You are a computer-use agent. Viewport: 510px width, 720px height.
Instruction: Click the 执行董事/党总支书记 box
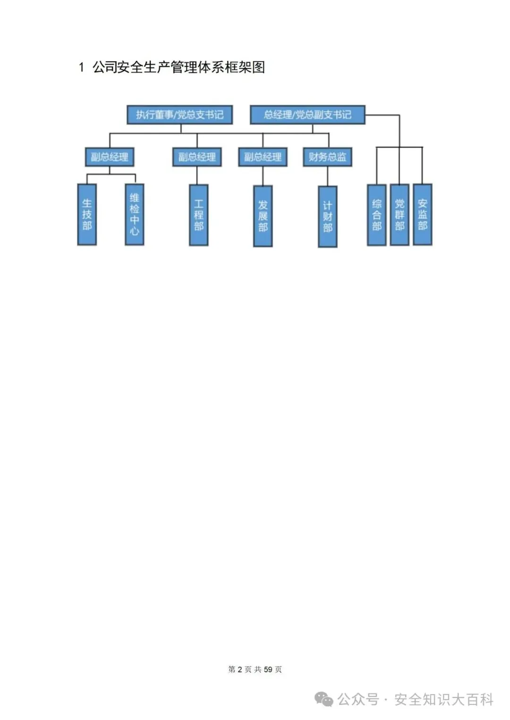tap(179, 115)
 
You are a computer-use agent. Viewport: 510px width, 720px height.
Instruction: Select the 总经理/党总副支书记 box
tap(307, 115)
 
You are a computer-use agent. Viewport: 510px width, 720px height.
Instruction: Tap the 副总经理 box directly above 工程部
tap(197, 157)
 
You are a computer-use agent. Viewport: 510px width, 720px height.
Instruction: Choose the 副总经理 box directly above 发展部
tap(263, 157)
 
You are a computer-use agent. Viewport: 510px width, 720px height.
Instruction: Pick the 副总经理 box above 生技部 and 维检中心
tap(110, 157)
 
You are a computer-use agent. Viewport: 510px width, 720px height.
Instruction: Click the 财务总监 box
tap(327, 157)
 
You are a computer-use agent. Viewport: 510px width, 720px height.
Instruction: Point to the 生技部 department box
tap(87, 215)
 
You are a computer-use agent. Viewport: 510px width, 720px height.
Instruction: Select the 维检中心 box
tap(135, 215)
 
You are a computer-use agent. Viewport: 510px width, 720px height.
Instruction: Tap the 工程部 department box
tap(199, 215)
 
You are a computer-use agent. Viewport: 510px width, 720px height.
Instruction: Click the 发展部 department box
tap(263, 216)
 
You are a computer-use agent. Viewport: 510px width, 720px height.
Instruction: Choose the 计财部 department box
tap(328, 216)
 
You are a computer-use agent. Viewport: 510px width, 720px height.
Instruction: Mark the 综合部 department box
tap(377, 215)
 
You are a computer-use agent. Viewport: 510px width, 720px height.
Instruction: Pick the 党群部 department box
tap(399, 215)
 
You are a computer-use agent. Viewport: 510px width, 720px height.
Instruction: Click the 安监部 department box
tap(423, 215)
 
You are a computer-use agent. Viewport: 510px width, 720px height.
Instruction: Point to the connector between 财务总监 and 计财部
tap(327, 176)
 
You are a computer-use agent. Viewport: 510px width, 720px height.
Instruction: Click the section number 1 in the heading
tap(82, 67)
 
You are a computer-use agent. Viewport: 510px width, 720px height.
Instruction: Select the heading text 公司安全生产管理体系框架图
tap(178, 67)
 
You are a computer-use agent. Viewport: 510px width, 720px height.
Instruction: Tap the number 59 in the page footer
tap(268, 669)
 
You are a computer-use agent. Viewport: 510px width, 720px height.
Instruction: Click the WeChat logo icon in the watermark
tap(324, 699)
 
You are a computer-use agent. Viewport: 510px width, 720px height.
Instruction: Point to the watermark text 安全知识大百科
tap(444, 699)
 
